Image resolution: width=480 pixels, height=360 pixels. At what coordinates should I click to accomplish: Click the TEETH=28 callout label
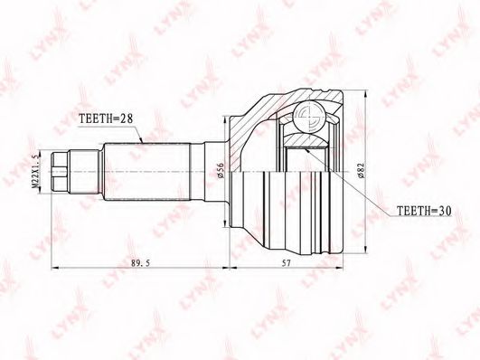[106, 118]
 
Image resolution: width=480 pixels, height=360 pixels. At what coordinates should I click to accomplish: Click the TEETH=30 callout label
[424, 211]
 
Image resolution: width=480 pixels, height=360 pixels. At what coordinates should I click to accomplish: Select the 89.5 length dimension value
[140, 263]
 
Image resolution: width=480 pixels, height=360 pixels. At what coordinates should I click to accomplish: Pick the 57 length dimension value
[286, 263]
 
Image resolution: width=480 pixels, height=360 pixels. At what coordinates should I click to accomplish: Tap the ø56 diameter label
[221, 170]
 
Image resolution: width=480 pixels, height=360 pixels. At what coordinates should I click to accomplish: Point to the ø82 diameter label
[361, 170]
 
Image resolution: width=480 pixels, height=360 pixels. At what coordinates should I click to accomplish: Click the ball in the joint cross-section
[308, 116]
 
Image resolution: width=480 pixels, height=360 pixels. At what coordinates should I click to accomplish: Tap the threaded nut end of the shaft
[60, 171]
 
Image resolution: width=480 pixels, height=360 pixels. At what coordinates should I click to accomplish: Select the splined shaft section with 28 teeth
[147, 172]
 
